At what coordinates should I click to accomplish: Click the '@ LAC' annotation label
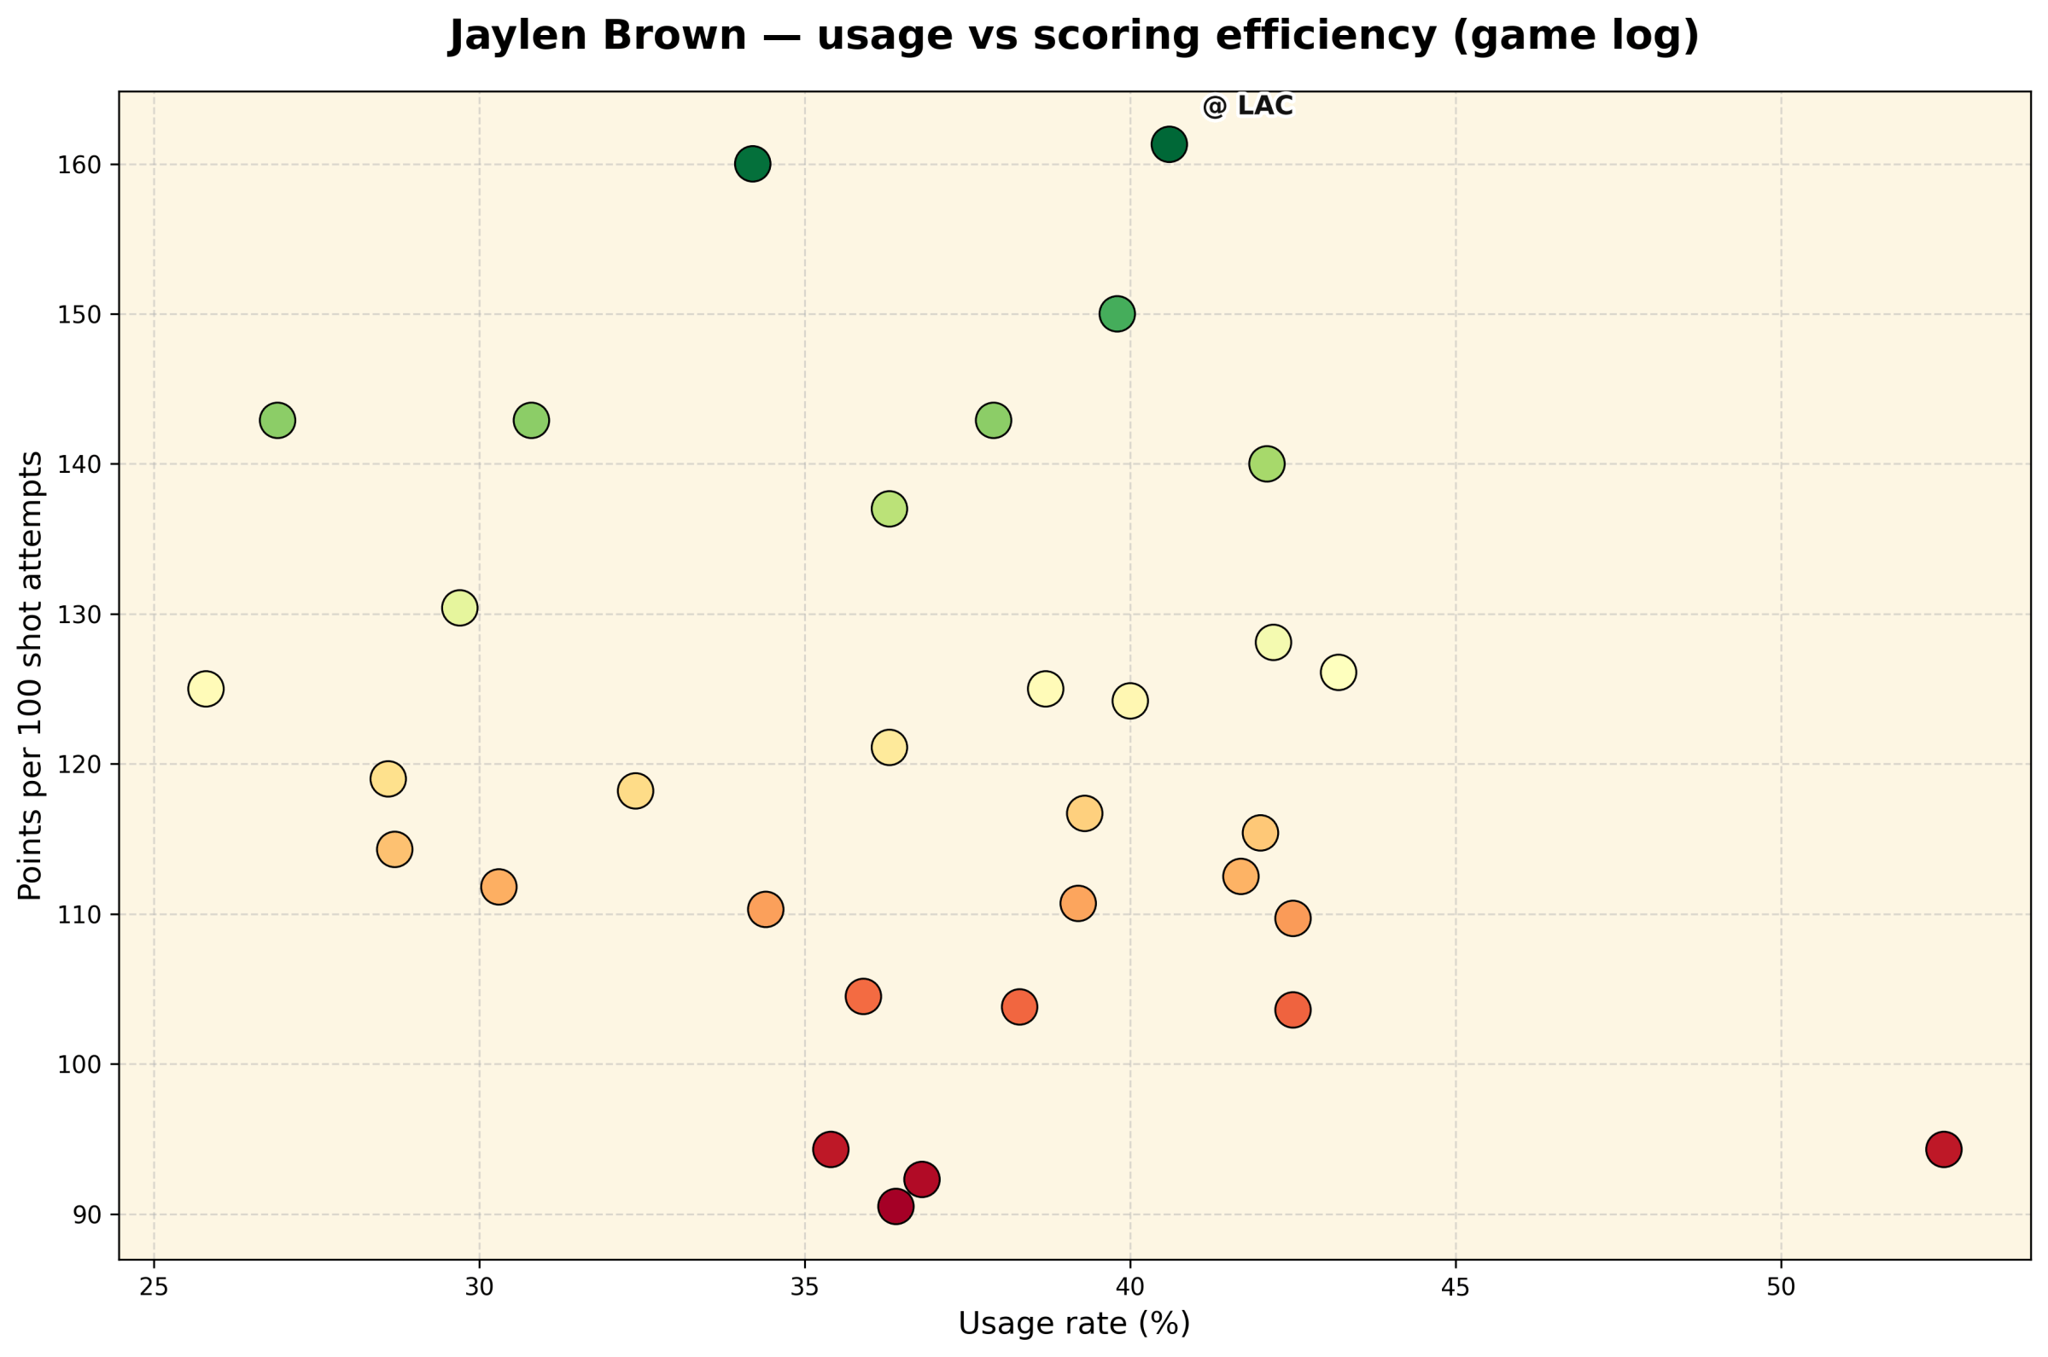[1247, 106]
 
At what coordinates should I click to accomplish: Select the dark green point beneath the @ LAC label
[1169, 143]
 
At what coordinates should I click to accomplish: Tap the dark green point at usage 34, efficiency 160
[752, 164]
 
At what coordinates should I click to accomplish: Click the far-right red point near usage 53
[1943, 1150]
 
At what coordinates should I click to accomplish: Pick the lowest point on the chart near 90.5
[895, 1207]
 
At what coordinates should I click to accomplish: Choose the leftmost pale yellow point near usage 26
[205, 689]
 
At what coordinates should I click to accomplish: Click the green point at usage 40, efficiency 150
[1117, 313]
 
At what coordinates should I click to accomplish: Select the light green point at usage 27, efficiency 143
[277, 421]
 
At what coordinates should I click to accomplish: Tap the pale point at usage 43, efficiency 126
[1338, 673]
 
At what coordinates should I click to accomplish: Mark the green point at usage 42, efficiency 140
[1266, 464]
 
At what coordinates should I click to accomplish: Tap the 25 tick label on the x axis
[154, 1287]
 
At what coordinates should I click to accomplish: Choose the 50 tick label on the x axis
[1781, 1287]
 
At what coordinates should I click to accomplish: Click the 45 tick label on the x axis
[1455, 1287]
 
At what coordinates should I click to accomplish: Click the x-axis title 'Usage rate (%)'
[1074, 1324]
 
